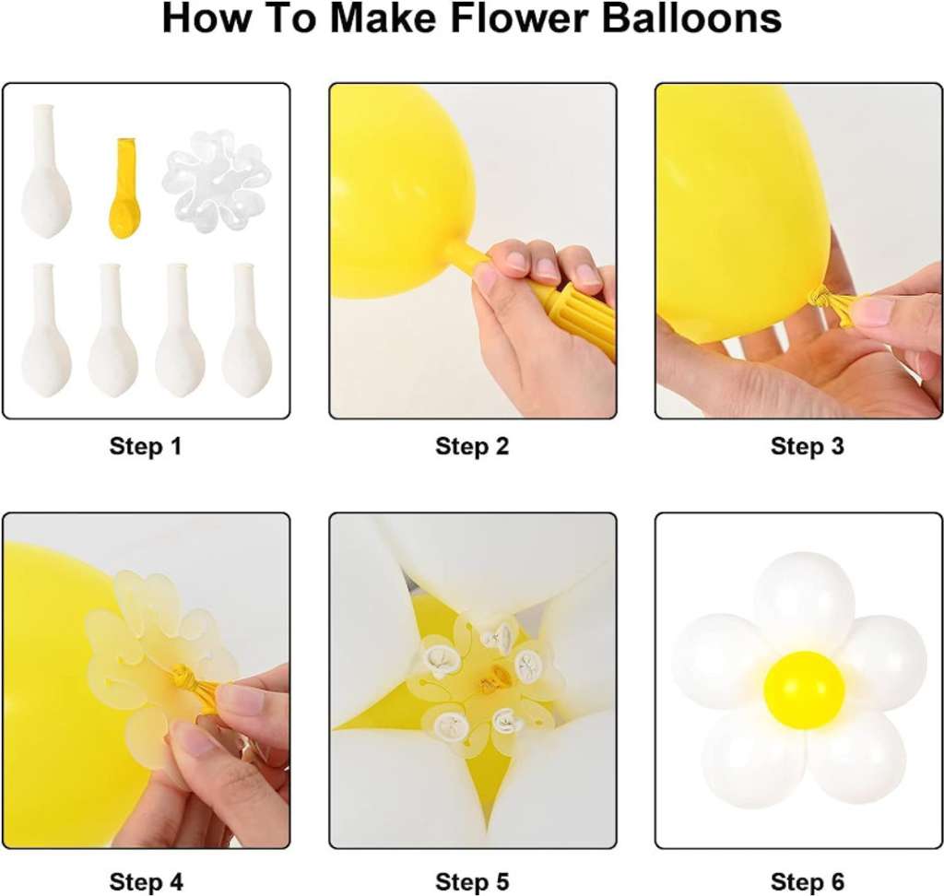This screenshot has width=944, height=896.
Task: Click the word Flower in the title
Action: point(520,18)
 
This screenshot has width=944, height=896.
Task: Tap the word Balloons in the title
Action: point(691,18)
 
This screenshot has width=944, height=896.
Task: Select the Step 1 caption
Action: point(146,446)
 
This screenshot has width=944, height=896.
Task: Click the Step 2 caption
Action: point(472,446)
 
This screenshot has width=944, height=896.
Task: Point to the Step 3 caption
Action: point(808,446)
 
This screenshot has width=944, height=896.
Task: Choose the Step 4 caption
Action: point(147,882)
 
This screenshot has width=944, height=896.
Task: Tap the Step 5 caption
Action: point(472,882)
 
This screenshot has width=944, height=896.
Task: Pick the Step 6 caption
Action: point(808,882)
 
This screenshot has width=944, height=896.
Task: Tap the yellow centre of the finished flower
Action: point(804,690)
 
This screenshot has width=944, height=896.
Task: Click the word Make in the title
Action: point(384,18)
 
